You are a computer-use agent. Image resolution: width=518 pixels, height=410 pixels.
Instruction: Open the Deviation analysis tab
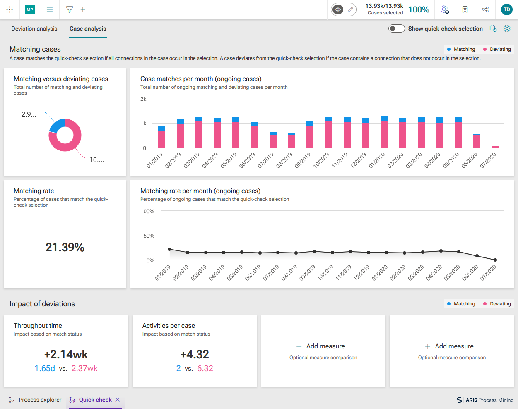[x=34, y=29]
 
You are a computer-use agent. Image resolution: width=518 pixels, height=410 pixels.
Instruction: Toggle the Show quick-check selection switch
[x=396, y=29]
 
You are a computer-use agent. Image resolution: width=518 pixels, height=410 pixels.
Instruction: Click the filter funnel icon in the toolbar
[x=69, y=10]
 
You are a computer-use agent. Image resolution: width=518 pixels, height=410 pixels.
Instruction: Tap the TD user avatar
[x=507, y=10]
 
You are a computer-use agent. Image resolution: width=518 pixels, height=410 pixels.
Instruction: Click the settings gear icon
[x=507, y=29]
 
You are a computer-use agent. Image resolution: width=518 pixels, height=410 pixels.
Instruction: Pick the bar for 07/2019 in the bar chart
[x=273, y=140]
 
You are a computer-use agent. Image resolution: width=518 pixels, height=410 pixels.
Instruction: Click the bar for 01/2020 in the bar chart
[x=384, y=132]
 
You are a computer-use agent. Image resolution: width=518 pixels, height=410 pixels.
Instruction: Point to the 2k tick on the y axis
[x=143, y=99]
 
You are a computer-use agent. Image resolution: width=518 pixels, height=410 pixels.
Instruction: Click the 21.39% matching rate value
[x=65, y=247]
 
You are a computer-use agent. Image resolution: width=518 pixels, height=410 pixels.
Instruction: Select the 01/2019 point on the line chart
[x=169, y=249]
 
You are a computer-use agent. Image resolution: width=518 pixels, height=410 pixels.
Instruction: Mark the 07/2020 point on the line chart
[x=495, y=260]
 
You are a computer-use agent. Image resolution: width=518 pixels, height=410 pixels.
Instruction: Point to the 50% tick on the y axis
[x=149, y=236]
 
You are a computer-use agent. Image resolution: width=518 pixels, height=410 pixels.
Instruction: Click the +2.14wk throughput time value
[x=66, y=354]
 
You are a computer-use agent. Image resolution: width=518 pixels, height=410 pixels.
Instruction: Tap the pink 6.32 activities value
[x=205, y=368]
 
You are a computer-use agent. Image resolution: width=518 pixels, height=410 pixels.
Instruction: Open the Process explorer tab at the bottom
[x=35, y=400]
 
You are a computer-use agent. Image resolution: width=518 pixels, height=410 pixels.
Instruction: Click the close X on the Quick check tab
[x=118, y=400]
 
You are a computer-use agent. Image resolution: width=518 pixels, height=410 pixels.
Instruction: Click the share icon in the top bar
[x=485, y=10]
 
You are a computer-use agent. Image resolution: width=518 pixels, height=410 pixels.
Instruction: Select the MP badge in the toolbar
[x=30, y=10]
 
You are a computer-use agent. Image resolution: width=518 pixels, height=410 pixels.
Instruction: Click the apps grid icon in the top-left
[x=10, y=10]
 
